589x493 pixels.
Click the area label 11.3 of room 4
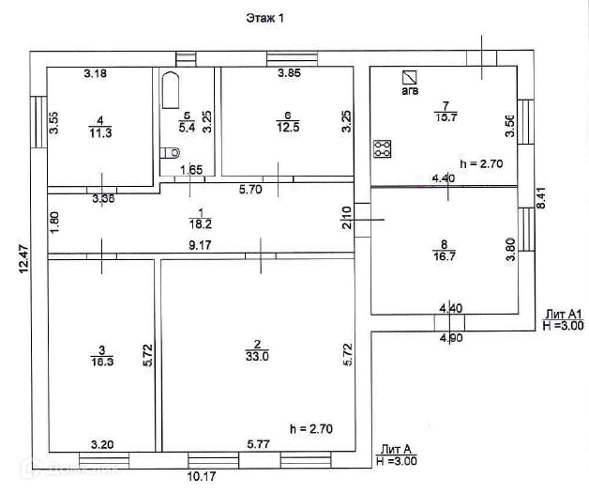(99, 132)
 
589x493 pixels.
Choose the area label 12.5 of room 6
(289, 128)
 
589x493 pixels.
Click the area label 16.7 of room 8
(445, 254)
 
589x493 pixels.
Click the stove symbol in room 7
(382, 147)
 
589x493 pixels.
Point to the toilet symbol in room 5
(170, 152)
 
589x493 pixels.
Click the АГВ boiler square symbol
(408, 77)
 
